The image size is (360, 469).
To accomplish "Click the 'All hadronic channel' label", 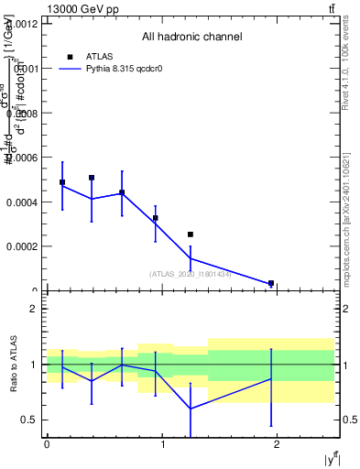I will coord(191,38).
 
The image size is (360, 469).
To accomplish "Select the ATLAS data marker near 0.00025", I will coord(191,234).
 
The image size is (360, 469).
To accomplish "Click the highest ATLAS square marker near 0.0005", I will coord(92,178).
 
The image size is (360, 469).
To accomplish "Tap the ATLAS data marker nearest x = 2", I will coord(271,284).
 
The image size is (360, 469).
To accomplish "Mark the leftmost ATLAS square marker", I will coord(62,182).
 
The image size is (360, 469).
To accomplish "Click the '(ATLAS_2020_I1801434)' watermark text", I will coord(190,273).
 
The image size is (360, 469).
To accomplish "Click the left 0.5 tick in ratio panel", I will coord(30,420).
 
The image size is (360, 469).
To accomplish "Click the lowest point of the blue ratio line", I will coord(191,409).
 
